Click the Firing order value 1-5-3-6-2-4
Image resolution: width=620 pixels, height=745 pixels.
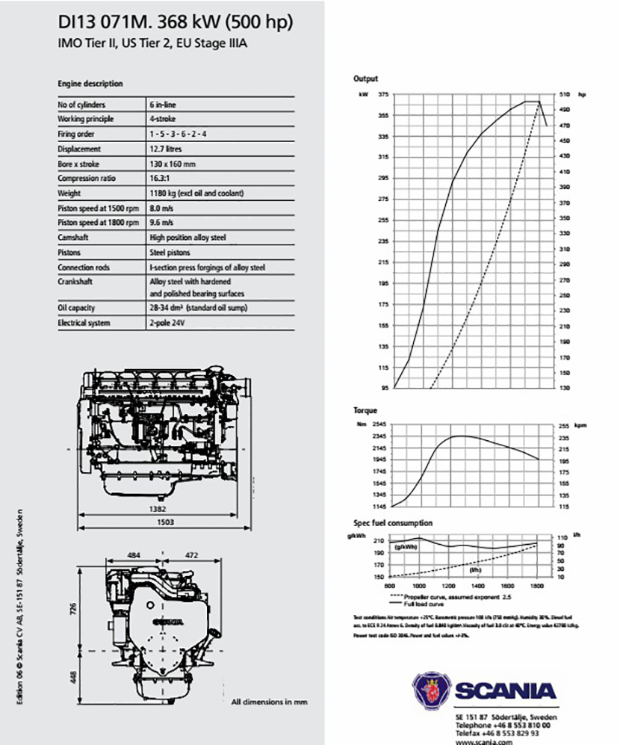[x=177, y=135]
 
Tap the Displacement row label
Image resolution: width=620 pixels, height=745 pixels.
[x=79, y=149]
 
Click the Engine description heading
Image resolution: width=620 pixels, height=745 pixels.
[x=90, y=84]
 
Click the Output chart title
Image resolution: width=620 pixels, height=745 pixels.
[x=366, y=78]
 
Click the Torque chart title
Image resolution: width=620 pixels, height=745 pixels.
[x=365, y=410]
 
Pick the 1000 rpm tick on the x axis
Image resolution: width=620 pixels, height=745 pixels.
[x=419, y=587]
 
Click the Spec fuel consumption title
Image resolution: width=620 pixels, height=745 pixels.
[x=393, y=523]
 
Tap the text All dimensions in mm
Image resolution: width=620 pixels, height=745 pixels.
[x=269, y=702]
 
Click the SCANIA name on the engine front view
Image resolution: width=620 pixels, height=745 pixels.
[x=167, y=621]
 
